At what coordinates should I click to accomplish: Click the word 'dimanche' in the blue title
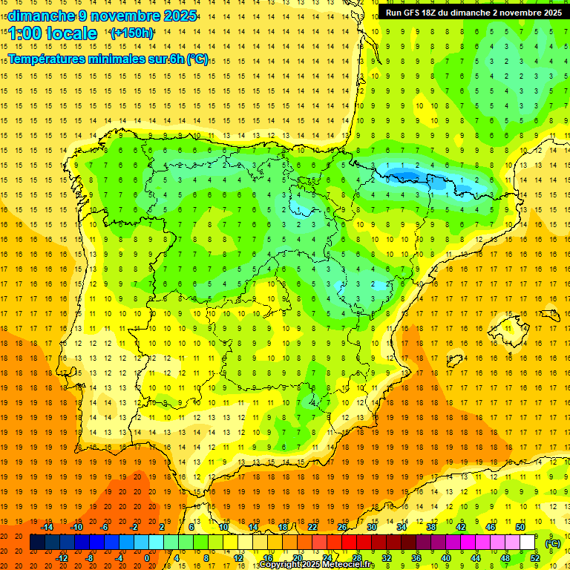coord(37,16)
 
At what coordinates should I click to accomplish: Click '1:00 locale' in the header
coord(53,33)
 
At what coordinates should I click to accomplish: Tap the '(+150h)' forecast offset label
coord(132,33)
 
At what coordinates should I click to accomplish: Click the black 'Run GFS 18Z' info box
coord(472,13)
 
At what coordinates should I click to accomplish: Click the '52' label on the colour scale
coord(535,558)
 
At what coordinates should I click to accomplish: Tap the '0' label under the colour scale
coord(146,558)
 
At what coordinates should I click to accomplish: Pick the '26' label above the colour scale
coord(342,527)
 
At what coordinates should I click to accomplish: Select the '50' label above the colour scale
coord(520,527)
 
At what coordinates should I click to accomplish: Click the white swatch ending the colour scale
coord(528,543)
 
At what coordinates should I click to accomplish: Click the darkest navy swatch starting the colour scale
coord(37,543)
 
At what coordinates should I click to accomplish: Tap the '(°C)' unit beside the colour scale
coord(552,543)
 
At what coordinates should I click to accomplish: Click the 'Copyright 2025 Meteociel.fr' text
coord(316,565)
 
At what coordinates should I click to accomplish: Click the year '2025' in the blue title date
coord(180,16)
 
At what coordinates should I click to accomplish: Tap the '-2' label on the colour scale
coord(134,527)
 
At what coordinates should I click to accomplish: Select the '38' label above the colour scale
coord(431,527)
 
